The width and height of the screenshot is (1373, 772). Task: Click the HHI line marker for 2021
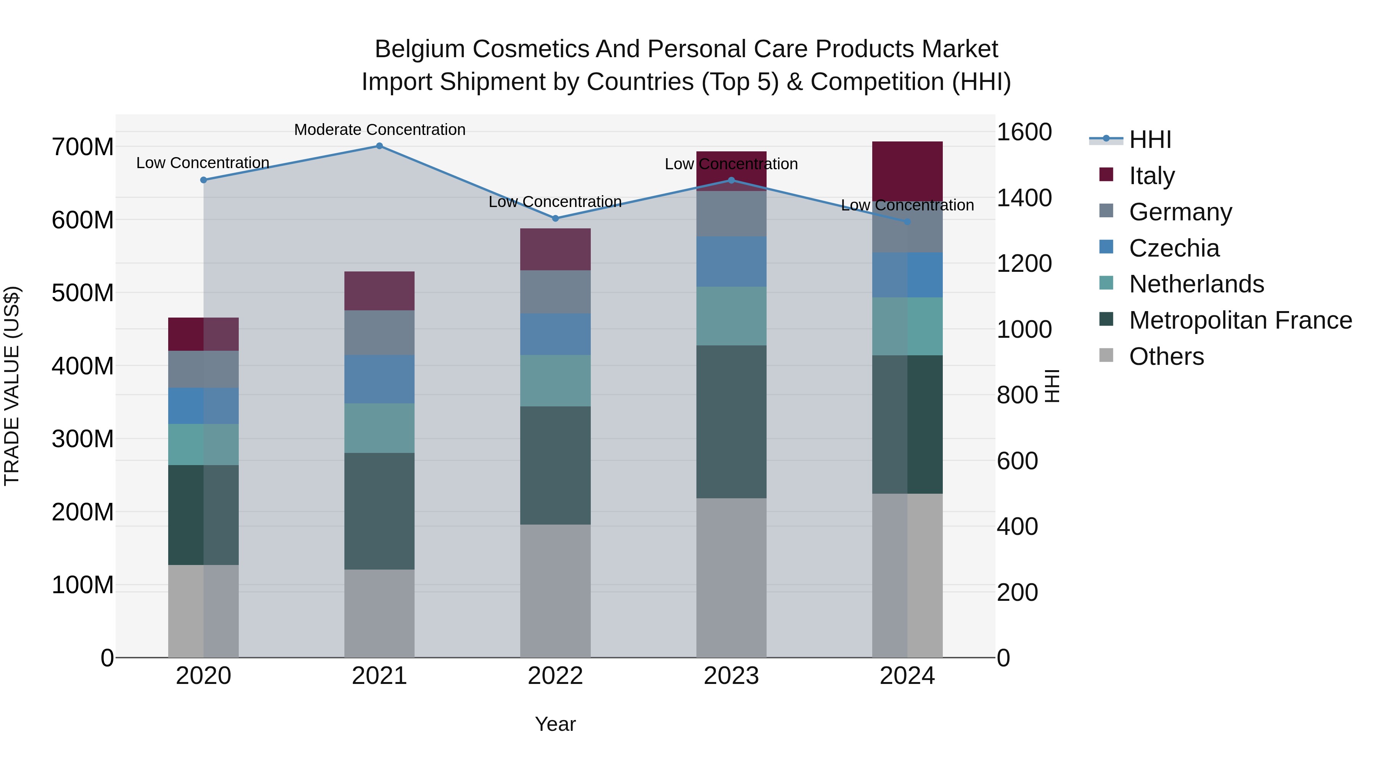379,146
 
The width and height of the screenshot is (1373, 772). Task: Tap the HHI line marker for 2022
555,218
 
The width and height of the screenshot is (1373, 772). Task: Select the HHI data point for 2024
907,221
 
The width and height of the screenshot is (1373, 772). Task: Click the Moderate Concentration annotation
379,130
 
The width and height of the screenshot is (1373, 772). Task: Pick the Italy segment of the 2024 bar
907,170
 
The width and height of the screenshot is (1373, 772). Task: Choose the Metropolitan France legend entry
1240,320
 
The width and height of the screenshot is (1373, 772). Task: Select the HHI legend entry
1150,140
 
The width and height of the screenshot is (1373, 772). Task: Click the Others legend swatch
1106,355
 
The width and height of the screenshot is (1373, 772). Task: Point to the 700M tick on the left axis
83,147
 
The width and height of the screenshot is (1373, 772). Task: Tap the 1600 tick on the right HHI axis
1024,132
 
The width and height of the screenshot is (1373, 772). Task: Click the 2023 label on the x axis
731,676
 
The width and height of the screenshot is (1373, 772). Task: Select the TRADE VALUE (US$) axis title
12,386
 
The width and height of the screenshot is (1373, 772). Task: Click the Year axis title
555,724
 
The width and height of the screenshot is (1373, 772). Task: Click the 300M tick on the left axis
83,439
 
